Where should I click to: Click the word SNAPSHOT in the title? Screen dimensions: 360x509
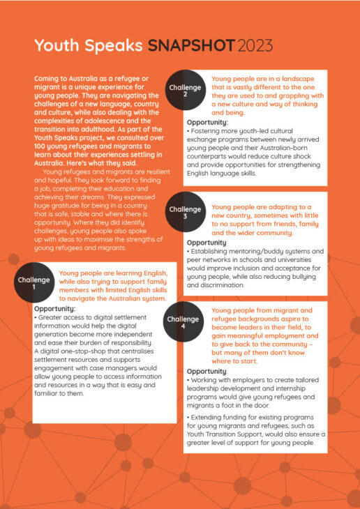click(x=190, y=47)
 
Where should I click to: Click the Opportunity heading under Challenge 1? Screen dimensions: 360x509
click(x=54, y=308)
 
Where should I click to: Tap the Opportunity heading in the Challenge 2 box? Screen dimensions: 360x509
click(x=207, y=122)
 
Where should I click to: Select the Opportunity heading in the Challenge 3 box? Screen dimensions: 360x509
click(x=207, y=242)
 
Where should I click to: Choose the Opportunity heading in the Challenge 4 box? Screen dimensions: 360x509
click(x=207, y=371)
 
